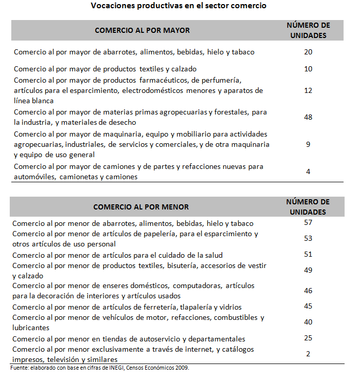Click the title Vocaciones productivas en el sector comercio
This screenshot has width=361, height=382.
[178, 6]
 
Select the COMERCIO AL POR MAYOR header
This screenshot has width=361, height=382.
[142, 30]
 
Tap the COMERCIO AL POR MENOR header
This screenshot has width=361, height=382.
[141, 207]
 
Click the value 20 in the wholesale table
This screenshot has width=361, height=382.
[308, 52]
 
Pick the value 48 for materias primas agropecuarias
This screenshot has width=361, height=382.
[308, 117]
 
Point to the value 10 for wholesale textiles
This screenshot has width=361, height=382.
[308, 69]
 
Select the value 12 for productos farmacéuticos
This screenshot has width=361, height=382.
[308, 90]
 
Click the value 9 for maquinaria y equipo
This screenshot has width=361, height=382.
[308, 144]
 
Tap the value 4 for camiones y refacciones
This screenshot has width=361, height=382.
[308, 171]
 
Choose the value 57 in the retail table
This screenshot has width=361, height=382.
[308, 223]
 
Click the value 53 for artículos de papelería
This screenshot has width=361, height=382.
[308, 239]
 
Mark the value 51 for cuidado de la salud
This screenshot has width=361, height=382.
[308, 255]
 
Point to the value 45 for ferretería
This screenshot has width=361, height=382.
[308, 307]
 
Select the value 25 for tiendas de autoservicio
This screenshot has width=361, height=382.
[308, 338]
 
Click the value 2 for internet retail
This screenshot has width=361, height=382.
[308, 354]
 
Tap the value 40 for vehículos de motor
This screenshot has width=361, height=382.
[308, 322]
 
